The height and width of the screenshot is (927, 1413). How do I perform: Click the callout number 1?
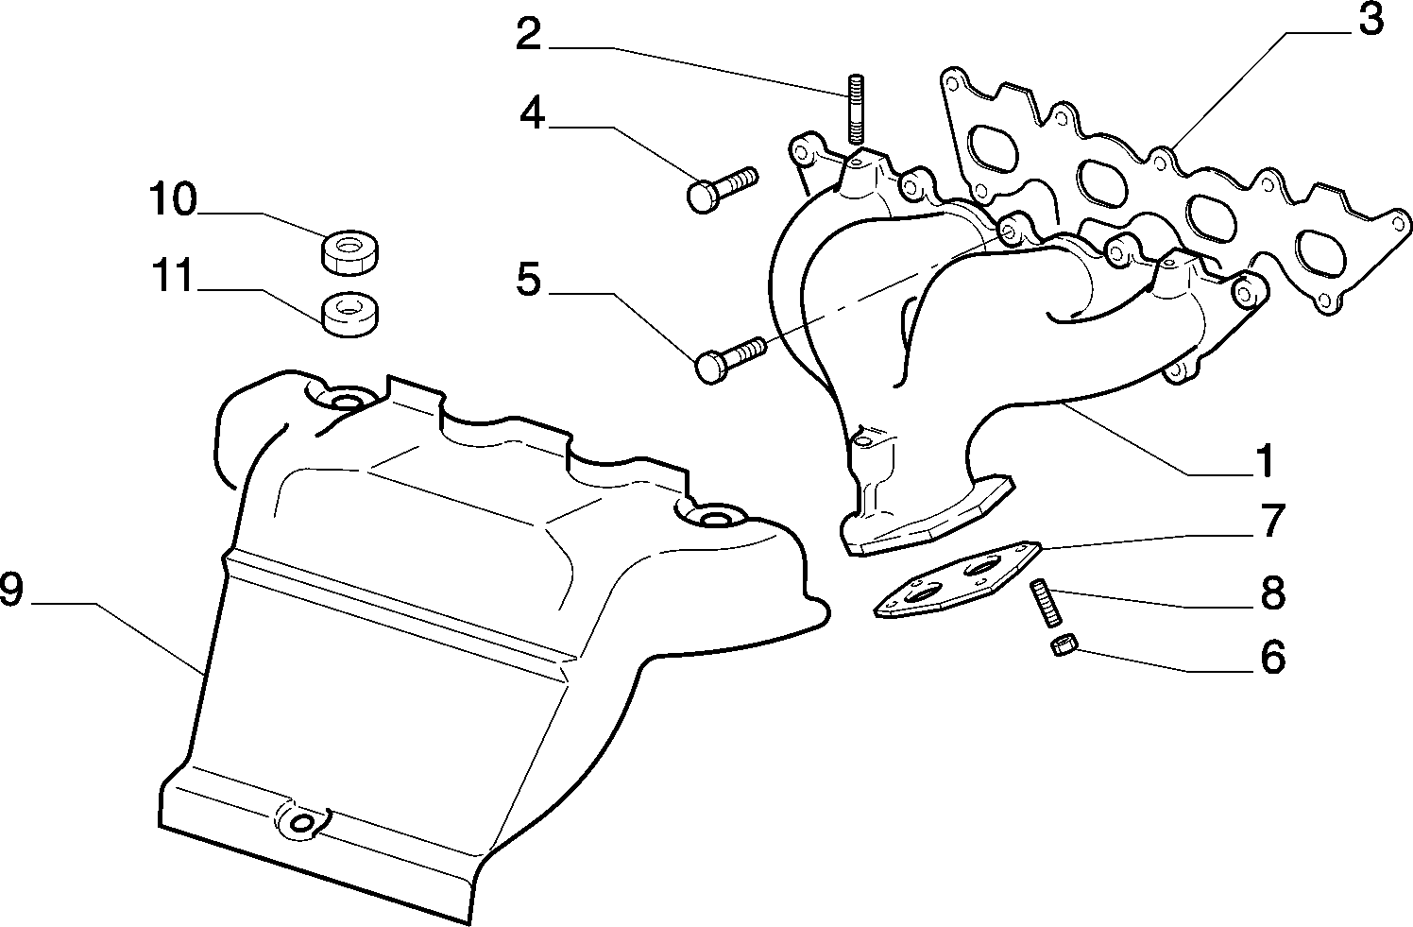1264,460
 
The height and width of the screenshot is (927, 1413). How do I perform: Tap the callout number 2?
529,34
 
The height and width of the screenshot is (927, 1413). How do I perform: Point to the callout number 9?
11,589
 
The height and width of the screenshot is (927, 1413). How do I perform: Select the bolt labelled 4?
722,188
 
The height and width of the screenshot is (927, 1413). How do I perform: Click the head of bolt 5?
711,368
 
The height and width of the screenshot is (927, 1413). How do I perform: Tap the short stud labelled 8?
1046,603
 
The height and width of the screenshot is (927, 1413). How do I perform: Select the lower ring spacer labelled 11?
350,315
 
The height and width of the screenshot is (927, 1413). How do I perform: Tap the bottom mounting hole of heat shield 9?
302,822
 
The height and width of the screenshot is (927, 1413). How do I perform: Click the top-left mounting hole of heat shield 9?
344,402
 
